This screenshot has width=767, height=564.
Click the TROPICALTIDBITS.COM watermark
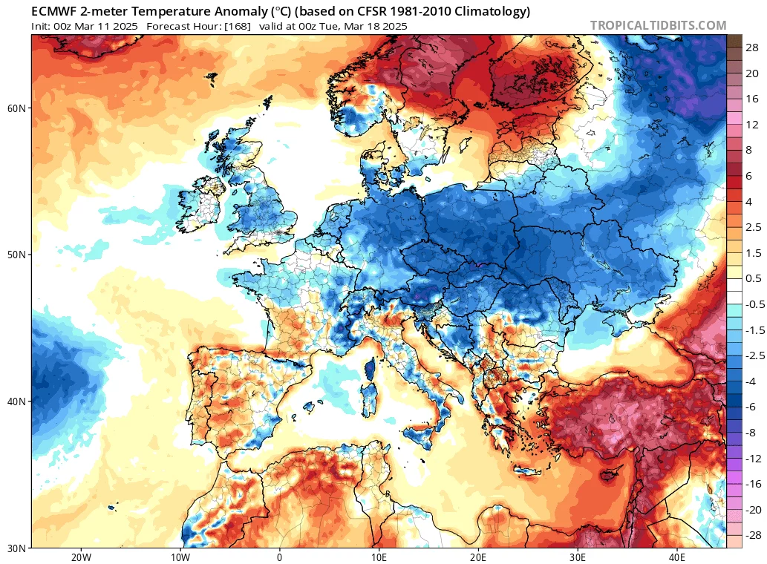[658, 25]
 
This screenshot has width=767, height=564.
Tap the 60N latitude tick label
[16, 108]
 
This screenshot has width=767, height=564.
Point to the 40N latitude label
[16, 401]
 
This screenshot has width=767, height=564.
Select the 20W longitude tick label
[81, 557]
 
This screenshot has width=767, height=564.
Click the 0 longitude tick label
[279, 557]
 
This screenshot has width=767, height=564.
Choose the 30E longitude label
[577, 557]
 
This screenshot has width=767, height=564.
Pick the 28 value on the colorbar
[752, 47]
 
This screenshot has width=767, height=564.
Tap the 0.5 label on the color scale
[754, 278]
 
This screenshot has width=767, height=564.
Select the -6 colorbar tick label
[751, 407]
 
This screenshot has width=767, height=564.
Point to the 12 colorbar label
[752, 125]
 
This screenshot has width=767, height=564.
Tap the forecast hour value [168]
[238, 26]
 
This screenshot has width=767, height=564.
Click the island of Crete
[527, 470]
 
